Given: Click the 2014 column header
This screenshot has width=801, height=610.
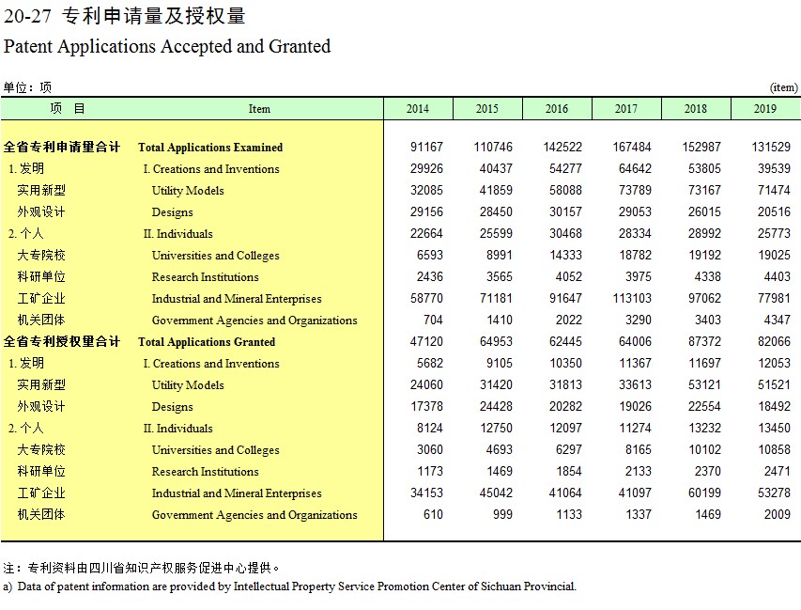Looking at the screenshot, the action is point(417,109).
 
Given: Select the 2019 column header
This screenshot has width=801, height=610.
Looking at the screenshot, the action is point(764,109).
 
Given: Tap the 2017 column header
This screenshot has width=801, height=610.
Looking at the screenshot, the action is point(625,109).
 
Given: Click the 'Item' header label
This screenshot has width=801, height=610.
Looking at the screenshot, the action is point(259,109).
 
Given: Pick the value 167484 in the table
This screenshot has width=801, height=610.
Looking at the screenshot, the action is point(632,148).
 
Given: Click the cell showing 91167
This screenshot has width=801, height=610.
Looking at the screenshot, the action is point(426,148).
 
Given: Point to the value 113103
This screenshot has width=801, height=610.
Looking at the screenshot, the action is point(632,299).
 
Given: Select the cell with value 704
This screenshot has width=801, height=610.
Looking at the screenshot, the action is point(433,321).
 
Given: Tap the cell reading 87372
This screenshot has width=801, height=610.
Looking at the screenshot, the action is point(704,341).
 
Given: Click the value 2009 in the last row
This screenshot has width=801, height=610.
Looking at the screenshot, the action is point(777,514).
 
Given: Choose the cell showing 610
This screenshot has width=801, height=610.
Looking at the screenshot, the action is point(433,514).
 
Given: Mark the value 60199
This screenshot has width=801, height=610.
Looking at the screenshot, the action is point(704,493).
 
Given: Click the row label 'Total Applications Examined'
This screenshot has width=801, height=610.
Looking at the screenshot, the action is point(210,148).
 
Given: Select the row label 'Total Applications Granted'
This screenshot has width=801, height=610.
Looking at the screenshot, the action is point(207,342).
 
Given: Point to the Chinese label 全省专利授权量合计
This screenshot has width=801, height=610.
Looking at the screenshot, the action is point(62,341).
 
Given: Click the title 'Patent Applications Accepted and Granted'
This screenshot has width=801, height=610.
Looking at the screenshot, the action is point(167,47).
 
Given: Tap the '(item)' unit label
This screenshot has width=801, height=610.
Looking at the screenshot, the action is point(784,87).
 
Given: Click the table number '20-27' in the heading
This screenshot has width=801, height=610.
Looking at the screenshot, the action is point(27,16).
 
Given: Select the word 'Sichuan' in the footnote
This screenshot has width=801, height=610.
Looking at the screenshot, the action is point(499,587).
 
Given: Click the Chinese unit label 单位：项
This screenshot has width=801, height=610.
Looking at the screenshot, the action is point(27,87).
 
